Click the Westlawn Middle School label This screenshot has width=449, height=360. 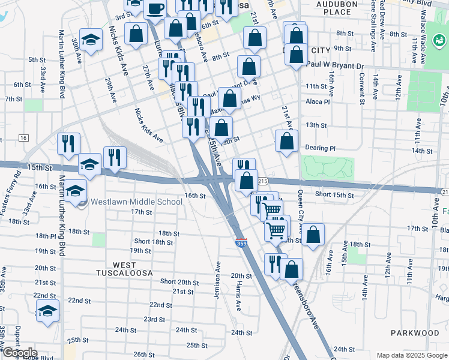point(136,202)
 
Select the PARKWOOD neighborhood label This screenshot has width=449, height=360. point(415,332)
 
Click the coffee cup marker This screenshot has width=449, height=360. point(155,9)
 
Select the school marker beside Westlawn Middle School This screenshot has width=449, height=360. point(76,191)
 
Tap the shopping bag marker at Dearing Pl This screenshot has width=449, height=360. point(287,141)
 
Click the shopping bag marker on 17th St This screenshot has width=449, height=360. point(313,235)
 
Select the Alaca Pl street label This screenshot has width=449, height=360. point(318,102)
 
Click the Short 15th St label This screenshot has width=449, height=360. point(334,194)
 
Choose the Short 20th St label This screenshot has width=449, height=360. point(179,282)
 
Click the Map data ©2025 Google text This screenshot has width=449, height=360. point(411,355)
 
